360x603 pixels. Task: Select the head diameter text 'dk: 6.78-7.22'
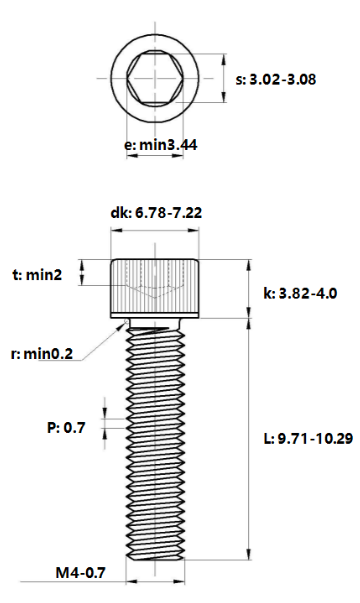click(158, 212)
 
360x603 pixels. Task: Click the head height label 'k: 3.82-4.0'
click(299, 294)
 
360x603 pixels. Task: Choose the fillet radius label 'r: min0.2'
click(43, 354)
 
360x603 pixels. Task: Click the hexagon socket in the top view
click(157, 77)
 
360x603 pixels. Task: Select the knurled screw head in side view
click(157, 288)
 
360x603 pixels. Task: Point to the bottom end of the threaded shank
click(157, 556)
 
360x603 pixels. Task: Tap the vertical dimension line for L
click(250, 440)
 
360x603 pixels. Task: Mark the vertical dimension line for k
click(250, 289)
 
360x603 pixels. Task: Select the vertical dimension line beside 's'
click(220, 78)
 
